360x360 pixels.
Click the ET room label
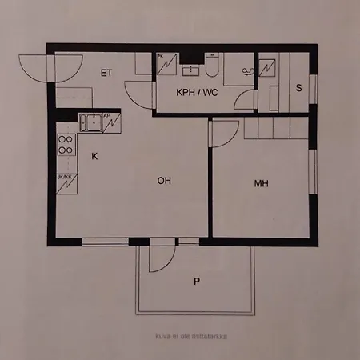coord(106,73)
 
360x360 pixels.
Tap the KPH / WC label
coord(197,91)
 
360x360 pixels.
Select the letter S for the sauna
coord(298,88)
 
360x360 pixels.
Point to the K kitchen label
coord(94,156)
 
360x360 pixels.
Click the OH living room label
coord(164,181)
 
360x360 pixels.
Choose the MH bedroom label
coord(261,183)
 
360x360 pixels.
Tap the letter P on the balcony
coord(196,281)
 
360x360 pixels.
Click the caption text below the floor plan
coord(179,335)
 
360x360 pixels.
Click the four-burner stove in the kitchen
coord(66,145)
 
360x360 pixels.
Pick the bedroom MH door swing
coord(224,132)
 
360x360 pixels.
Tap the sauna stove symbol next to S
coord(268,66)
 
